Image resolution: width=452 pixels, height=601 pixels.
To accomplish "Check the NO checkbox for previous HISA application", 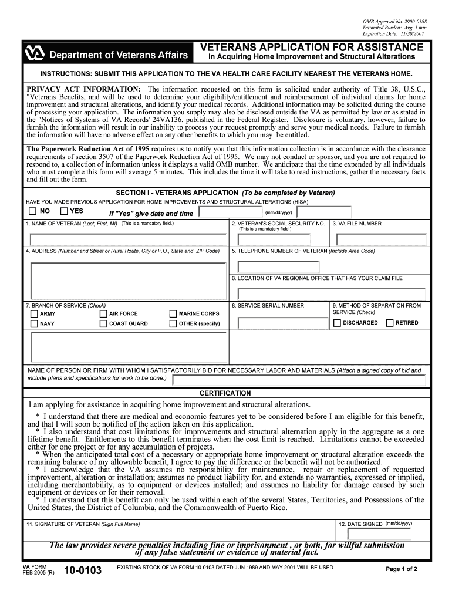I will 33,211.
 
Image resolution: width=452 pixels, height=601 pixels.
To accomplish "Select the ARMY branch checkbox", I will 34,314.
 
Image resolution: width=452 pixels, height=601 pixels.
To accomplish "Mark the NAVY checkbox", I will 34,324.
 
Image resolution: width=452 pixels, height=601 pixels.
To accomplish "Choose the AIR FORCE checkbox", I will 103,314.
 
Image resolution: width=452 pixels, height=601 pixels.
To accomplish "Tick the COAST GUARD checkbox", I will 103,324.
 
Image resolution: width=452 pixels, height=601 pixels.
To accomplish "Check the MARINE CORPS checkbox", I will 173,314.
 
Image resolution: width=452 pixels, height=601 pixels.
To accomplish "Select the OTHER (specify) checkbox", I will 173,324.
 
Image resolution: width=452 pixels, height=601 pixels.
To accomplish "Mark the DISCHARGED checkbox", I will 337,323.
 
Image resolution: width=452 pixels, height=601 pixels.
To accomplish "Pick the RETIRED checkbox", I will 389,323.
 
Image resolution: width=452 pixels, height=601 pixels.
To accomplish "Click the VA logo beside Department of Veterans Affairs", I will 35,54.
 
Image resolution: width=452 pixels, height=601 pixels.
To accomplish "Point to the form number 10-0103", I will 82,570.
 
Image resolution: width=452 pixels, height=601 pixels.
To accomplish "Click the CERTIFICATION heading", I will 225,393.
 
